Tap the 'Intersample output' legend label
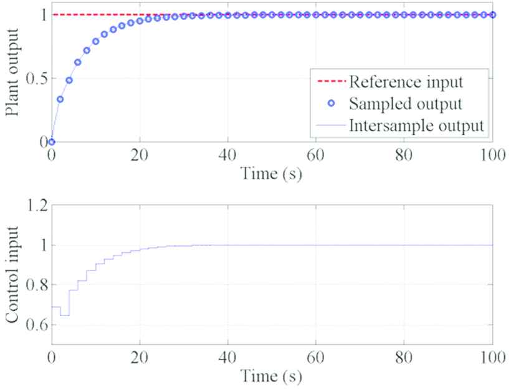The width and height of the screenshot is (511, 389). click(416, 124)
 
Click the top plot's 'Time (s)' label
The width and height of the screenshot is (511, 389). click(272, 174)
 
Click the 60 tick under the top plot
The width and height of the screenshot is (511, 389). click(316, 155)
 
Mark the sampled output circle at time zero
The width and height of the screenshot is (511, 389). click(52, 142)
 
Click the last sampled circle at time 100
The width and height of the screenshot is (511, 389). click(492, 15)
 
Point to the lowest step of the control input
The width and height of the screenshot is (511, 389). click(64, 315)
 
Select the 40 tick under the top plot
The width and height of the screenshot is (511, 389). click(228, 155)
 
